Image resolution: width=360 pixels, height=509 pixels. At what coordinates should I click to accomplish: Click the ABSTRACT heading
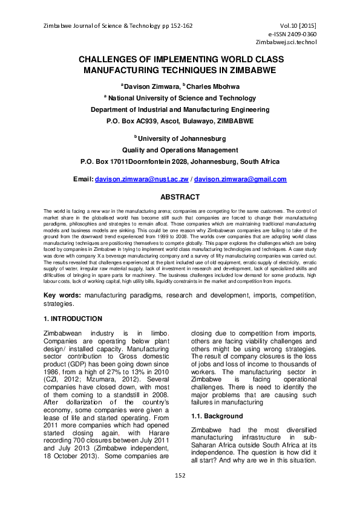coord(180,197)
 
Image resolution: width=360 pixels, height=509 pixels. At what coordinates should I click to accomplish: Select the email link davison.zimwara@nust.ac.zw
coord(142,180)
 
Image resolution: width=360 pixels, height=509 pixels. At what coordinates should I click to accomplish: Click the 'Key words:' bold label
coord(63,295)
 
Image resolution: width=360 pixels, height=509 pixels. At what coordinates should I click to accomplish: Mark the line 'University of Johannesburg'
coord(181,138)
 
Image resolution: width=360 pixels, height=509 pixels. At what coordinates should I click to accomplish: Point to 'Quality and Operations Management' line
coord(180,150)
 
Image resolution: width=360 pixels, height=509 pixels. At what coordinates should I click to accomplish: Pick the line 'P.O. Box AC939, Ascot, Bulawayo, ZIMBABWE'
coord(180,121)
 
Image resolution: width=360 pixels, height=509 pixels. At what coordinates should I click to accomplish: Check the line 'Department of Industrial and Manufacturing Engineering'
coord(180,109)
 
